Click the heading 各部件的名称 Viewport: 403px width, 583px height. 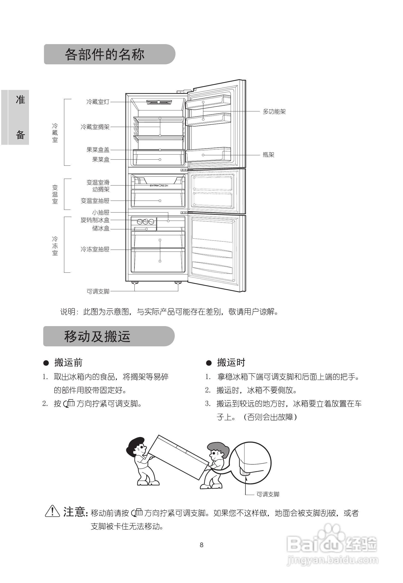click(x=104, y=55)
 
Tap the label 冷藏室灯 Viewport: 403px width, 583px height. click(x=98, y=102)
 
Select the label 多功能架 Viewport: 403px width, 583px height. click(x=274, y=111)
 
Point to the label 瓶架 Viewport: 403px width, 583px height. click(x=268, y=155)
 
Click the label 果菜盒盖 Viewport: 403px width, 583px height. click(x=98, y=150)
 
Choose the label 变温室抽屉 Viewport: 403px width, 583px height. click(x=95, y=201)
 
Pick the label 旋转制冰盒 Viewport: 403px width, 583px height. click(x=95, y=220)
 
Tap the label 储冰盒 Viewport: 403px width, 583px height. click(x=101, y=228)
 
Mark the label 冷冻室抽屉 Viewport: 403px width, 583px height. click(x=95, y=249)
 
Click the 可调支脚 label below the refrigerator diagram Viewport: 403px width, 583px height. click(x=98, y=291)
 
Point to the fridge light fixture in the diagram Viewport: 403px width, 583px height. click(x=159, y=102)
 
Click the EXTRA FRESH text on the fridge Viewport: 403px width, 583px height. click(x=159, y=185)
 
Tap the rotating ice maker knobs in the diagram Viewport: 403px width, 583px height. click(x=145, y=222)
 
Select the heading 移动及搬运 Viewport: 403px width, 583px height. click(x=97, y=337)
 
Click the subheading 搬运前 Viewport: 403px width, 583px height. click(x=68, y=363)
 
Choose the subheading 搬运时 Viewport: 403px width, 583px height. click(x=231, y=363)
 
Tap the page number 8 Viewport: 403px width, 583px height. click(x=202, y=545)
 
